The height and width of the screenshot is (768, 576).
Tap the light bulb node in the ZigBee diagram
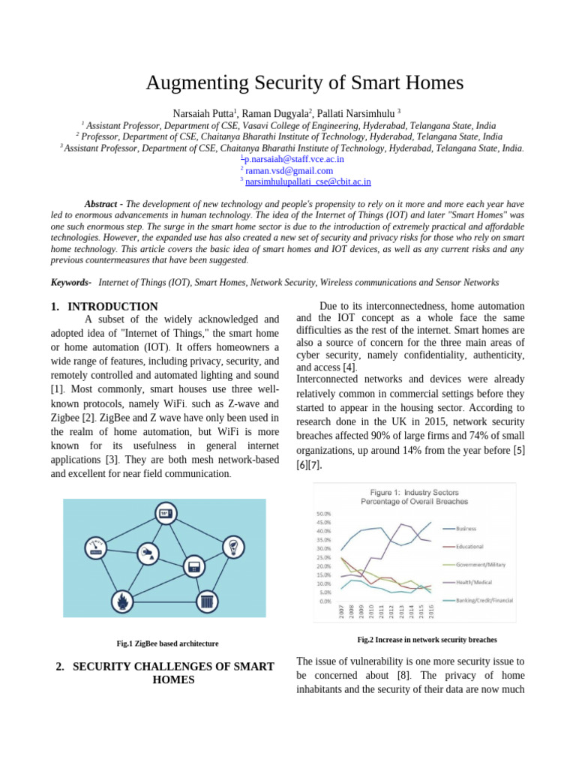point(233,544)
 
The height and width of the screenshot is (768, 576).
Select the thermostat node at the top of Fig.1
point(164,514)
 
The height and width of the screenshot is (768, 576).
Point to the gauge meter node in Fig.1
point(96,547)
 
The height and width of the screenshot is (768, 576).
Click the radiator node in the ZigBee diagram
point(206,601)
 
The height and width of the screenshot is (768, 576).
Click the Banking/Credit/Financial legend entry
point(480,600)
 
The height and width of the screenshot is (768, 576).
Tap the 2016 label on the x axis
point(430,611)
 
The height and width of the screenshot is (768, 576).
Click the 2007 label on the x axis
point(342,611)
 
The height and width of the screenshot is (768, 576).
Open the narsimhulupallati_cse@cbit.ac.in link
point(307,181)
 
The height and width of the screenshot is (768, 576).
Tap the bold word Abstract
point(100,204)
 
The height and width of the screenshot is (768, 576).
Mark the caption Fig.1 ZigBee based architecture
point(167,643)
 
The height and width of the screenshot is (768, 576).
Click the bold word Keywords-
point(70,282)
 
